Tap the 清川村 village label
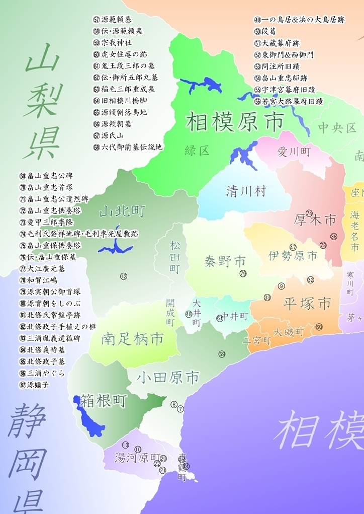coord(246,191)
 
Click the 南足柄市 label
coord(132,339)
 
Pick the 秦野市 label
coord(225,261)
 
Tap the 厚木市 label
coord(315,219)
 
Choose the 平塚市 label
coord(307,304)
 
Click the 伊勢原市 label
coord(293,256)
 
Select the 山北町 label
coord(122,211)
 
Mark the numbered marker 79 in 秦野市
coord(243,273)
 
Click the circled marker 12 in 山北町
coord(123,276)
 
